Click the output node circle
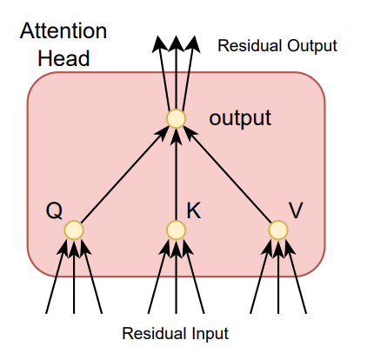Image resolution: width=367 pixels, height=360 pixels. tap(176, 118)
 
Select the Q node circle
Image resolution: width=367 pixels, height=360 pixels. tap(74, 230)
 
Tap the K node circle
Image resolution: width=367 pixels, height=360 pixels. tap(176, 230)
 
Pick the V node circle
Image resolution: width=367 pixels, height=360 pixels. tap(278, 230)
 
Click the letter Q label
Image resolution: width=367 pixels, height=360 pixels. tap(54, 210)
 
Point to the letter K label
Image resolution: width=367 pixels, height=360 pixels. tap(194, 210)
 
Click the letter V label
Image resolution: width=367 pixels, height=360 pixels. tap(297, 210)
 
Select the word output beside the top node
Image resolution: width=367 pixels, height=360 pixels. tap(240, 117)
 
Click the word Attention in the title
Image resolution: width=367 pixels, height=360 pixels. tap(63, 31)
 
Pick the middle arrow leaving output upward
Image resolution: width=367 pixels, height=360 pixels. tap(176, 74)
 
